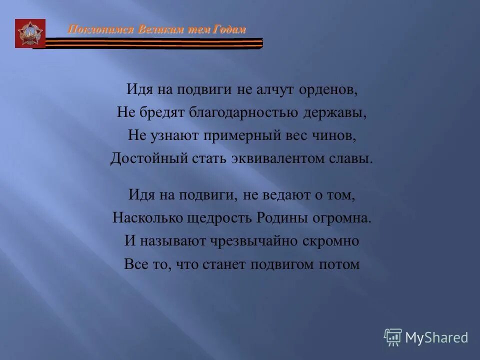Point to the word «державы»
(334, 112)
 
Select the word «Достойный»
(142, 158)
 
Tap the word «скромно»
(330, 241)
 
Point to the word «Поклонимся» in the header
(92, 29)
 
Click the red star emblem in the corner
(30, 33)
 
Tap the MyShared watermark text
(436, 337)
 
